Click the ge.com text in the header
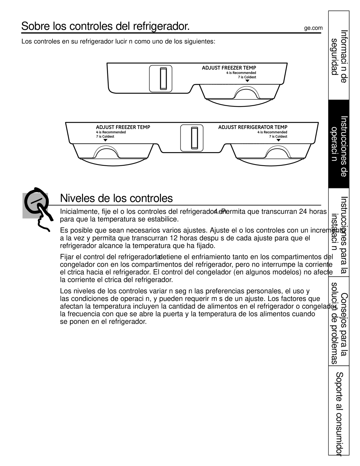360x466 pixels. pyautogui.click(x=313, y=28)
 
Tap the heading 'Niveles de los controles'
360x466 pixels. pyautogui.click(x=116, y=198)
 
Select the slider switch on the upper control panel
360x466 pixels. pyautogui.click(x=163, y=79)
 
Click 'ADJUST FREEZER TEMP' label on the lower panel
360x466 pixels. pyautogui.click(x=123, y=127)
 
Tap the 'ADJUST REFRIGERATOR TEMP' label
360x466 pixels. pyautogui.click(x=253, y=127)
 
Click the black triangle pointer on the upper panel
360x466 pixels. pyautogui.click(x=247, y=81)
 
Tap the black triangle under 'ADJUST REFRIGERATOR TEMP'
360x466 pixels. pyautogui.click(x=278, y=140)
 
